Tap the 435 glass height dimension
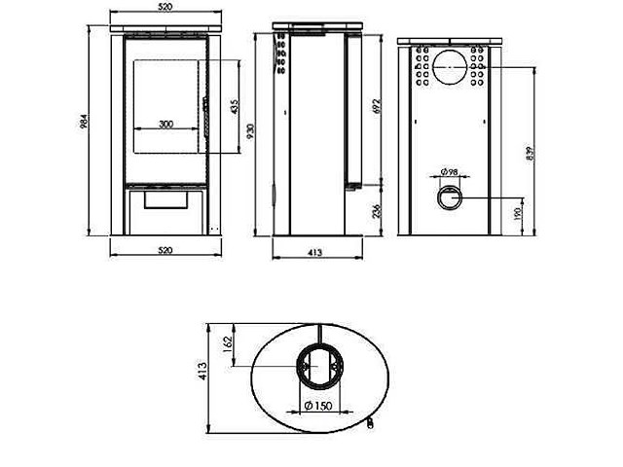tap(234, 106)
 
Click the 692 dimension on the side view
tap(377, 106)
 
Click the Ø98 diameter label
tap(449, 171)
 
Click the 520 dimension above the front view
tap(165, 7)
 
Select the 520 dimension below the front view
tap(165, 250)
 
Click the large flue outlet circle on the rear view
tap(449, 65)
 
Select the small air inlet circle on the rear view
tap(449, 198)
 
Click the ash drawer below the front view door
tap(165, 199)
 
